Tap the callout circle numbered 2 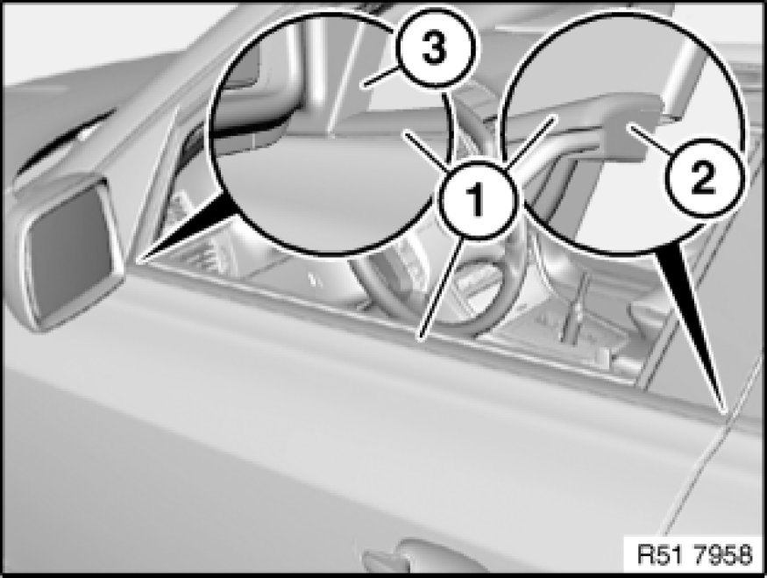[703, 177]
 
